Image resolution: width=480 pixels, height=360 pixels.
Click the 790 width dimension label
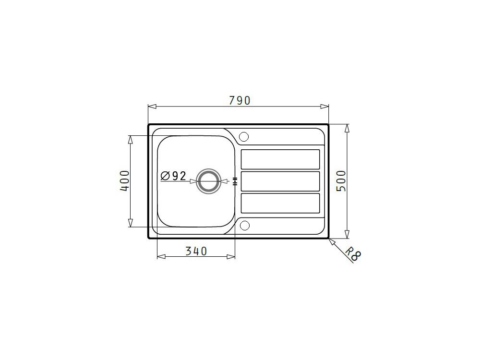[x=240, y=100]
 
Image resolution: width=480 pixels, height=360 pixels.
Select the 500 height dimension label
[x=341, y=181]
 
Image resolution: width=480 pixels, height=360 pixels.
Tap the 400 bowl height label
[x=125, y=181]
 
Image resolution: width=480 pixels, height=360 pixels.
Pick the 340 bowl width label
[x=196, y=252]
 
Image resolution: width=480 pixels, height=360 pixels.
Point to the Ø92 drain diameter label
[x=173, y=176]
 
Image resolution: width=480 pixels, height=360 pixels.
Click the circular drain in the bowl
[x=208, y=181]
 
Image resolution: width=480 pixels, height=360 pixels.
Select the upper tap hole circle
[x=244, y=137]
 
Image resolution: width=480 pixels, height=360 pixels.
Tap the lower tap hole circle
[x=244, y=225]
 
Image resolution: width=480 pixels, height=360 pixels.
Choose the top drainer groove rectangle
[x=280, y=159]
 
